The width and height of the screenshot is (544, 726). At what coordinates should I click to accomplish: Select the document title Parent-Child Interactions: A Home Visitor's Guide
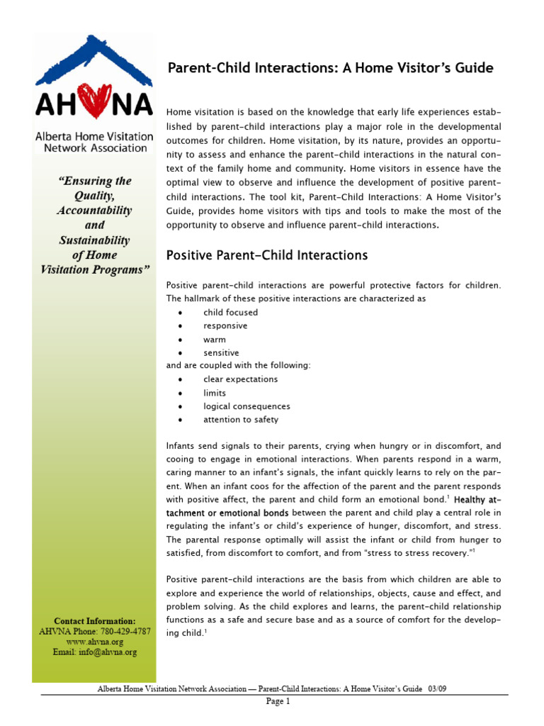pos(330,68)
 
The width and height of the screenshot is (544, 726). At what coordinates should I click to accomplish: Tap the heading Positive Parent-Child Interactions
pos(266,255)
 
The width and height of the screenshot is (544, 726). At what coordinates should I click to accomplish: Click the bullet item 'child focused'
pos(230,313)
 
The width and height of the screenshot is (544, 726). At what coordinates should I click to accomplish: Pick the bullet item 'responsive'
pos(225,326)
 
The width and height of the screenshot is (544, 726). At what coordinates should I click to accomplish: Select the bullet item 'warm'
pos(215,340)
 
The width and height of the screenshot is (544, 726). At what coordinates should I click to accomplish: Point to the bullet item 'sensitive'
pos(221,353)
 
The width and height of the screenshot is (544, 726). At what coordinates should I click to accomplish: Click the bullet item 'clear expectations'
pos(240,379)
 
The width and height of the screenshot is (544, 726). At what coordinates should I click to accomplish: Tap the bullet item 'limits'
pos(215,393)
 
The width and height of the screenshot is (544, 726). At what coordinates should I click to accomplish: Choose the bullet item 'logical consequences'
pos(246,406)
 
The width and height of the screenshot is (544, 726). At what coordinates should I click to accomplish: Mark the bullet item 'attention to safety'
pos(241,420)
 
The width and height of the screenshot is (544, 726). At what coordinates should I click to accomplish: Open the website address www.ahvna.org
pos(94,642)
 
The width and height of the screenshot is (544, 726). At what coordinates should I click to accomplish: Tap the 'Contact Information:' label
pos(94,620)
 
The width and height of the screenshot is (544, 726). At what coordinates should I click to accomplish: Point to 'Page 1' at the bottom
pos(278,702)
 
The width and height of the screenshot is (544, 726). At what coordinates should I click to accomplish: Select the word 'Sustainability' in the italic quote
pos(94,240)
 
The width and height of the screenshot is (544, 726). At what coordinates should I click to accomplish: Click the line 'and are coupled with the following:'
pos(238,366)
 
